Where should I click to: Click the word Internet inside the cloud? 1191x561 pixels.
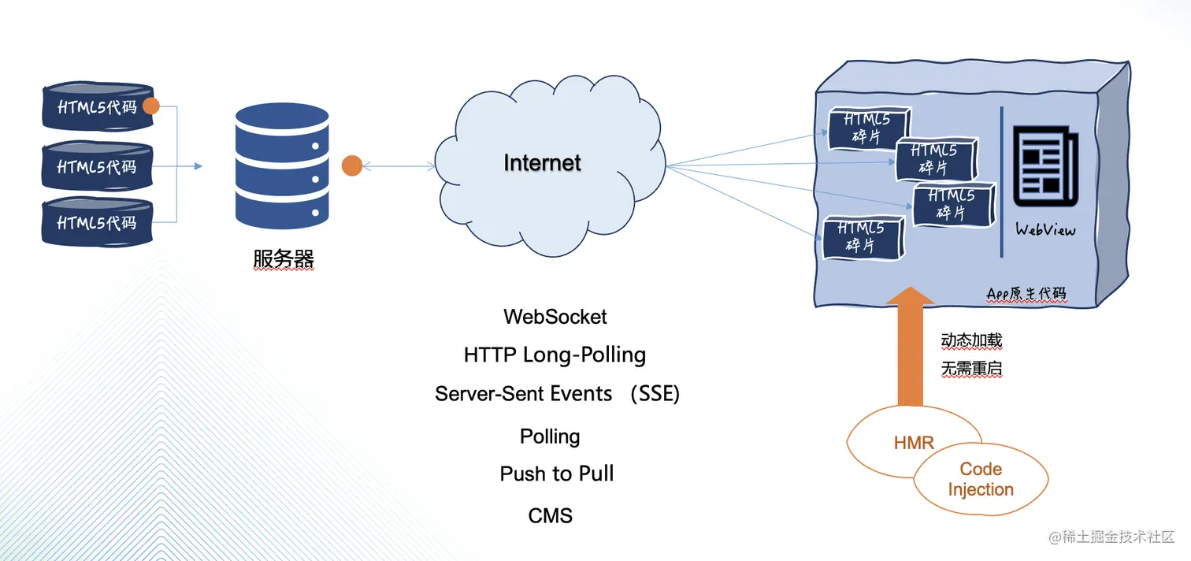click(542, 163)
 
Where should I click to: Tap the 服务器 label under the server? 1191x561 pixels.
click(284, 259)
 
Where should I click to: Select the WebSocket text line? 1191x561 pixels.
click(555, 317)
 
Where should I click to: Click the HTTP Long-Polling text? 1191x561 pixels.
click(555, 355)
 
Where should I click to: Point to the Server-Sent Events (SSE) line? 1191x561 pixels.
click(557, 394)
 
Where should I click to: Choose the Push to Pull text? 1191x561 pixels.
click(557, 474)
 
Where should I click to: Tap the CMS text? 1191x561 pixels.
click(551, 516)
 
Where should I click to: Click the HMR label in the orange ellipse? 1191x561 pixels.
click(914, 443)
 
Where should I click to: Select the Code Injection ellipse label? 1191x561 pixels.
click(981, 479)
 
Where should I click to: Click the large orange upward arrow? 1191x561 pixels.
click(911, 347)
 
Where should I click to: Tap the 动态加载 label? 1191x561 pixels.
click(971, 340)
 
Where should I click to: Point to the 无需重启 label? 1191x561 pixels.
click(971, 369)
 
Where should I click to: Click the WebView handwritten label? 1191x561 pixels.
click(1045, 230)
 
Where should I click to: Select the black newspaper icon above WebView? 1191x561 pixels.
click(1045, 166)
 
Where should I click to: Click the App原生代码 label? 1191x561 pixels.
click(1026, 294)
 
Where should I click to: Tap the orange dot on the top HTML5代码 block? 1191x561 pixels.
click(151, 106)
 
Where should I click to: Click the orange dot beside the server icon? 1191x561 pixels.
click(352, 166)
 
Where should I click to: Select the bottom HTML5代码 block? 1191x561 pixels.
click(98, 221)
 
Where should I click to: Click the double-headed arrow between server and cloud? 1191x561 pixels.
click(399, 166)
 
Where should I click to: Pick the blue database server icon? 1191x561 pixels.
click(282, 166)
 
